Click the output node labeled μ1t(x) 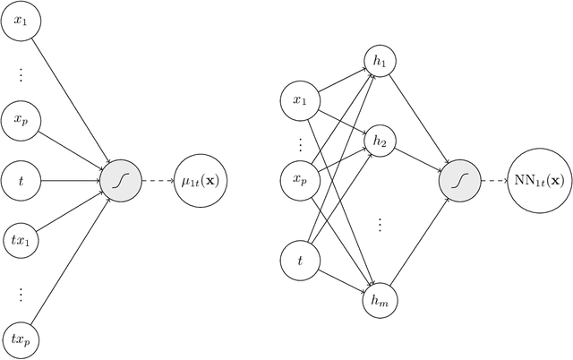coord(201,182)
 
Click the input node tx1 coord(21,236)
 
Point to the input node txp coord(21,339)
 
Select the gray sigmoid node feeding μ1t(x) coord(116,182)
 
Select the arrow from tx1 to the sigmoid coord(68,209)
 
